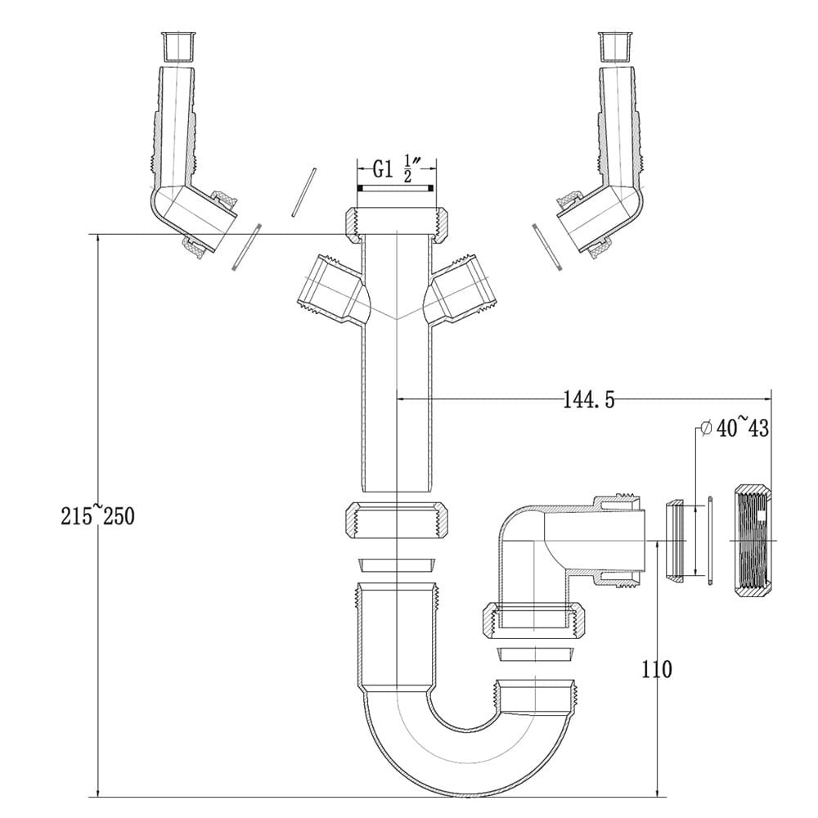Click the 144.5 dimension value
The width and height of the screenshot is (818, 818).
click(x=588, y=400)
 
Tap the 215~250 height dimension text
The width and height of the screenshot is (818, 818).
click(x=97, y=516)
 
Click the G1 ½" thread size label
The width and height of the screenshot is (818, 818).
click(x=396, y=170)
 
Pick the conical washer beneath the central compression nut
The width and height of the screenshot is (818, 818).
click(x=396, y=564)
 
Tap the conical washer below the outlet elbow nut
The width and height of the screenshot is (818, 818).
click(x=536, y=654)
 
